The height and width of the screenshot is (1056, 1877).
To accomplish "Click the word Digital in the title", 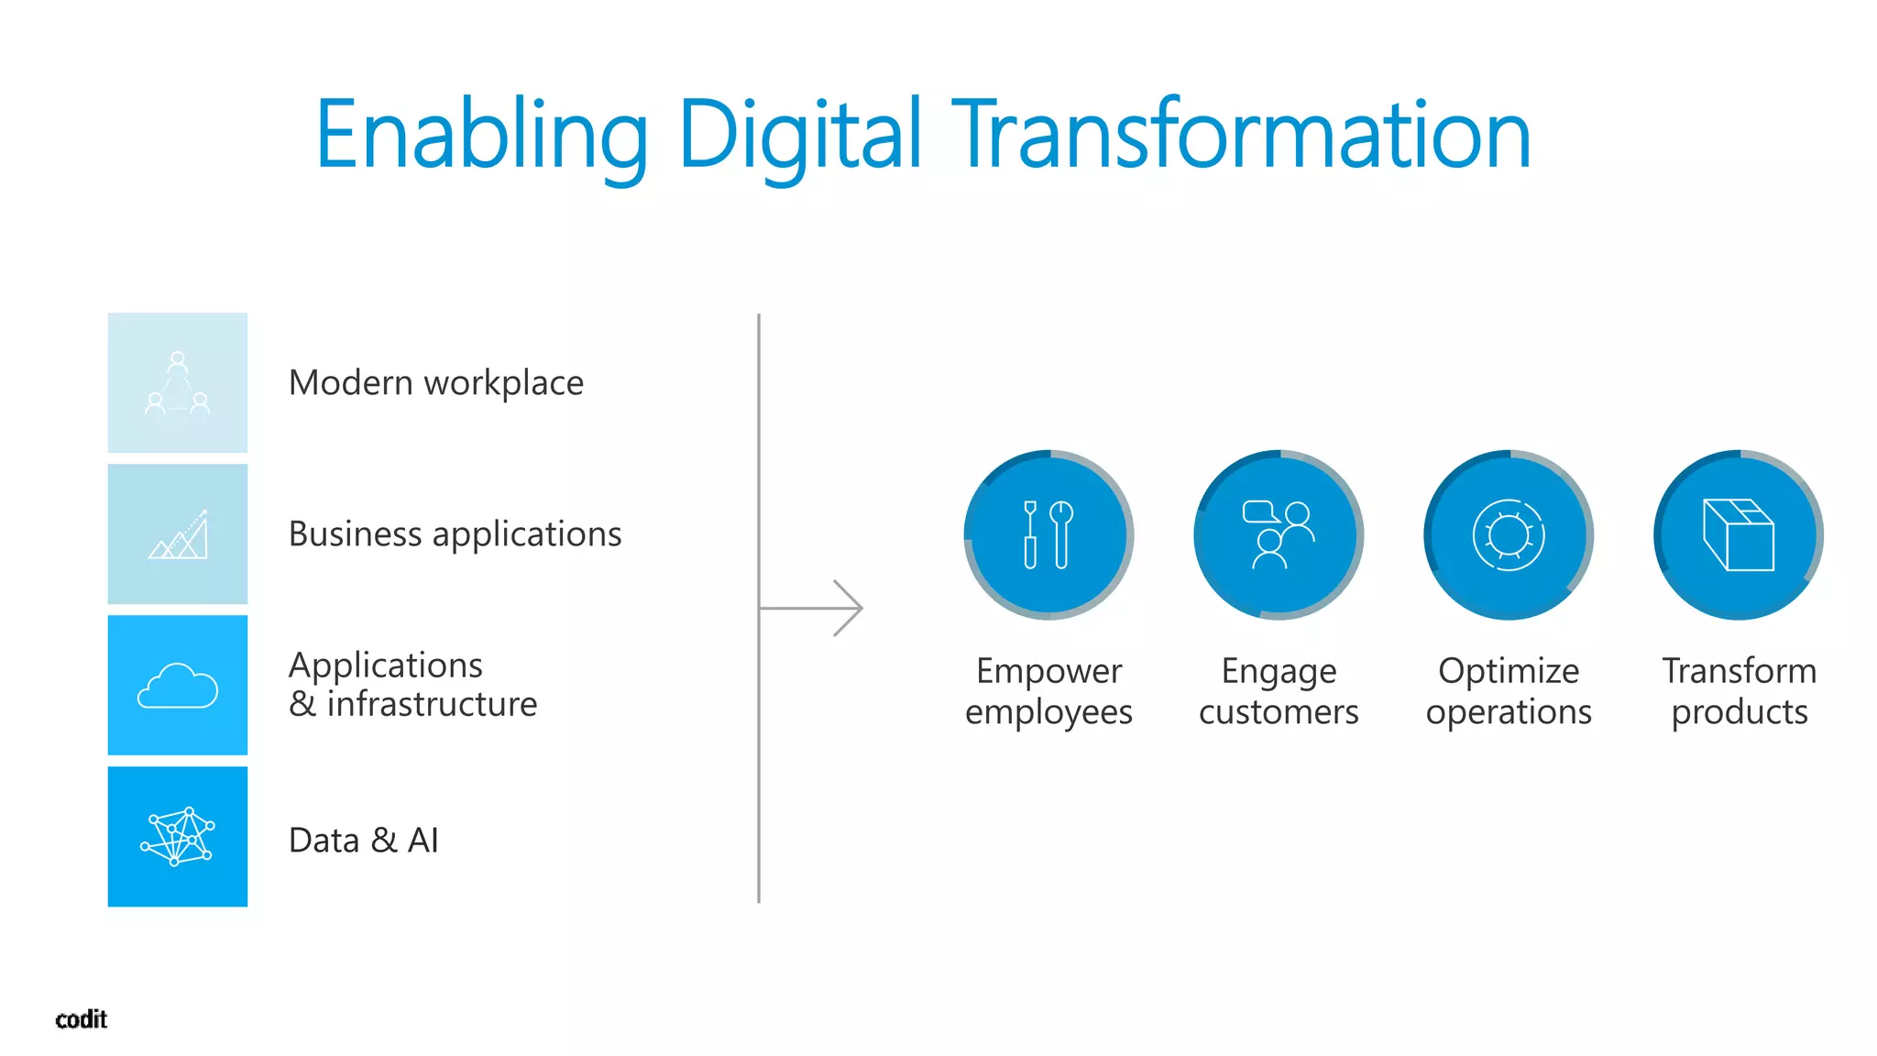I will coord(799,136).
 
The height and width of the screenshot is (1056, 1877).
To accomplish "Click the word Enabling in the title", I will coord(482,136).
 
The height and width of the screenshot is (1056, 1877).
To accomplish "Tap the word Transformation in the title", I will coord(1242,136).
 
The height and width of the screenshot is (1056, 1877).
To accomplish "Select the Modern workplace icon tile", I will coord(178,382).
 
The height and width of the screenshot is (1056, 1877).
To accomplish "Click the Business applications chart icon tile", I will coord(178,533).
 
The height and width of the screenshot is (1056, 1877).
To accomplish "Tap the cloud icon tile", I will coord(178,685).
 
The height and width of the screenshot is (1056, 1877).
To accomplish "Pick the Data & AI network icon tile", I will coord(178,836).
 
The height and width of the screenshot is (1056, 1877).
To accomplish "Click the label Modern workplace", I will coord(435,383).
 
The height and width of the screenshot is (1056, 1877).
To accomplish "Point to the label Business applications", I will coord(455,533).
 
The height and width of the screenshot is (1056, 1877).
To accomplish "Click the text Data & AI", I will coord(364,840).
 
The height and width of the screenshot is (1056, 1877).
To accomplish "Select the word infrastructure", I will coord(432,704).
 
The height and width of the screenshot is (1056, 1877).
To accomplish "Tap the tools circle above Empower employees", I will coord(1048,534).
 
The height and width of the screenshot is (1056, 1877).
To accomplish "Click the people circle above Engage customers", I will coord(1279,534).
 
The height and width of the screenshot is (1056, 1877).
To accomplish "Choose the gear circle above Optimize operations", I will coord(1509,534).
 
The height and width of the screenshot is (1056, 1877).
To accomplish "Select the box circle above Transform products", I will coord(1739,534).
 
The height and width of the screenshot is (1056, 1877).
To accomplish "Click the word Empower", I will coord(1048,671).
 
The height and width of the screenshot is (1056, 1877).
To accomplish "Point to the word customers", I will coord(1279,712).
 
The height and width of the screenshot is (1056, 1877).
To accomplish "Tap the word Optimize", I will coord(1509,671).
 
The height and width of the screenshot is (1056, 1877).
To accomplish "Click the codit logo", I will coord(82,1019).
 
